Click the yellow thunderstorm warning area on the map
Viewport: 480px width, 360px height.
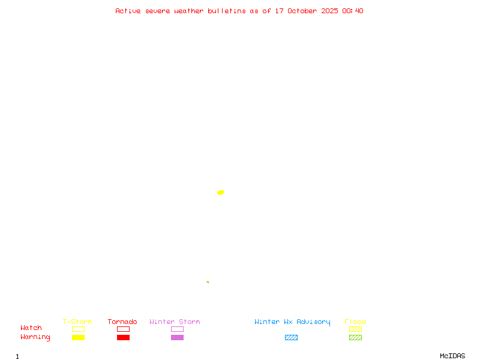(220, 193)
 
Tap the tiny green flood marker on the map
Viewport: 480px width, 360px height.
(208, 282)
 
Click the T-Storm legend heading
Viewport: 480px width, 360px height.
(77, 322)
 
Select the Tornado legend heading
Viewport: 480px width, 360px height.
(122, 322)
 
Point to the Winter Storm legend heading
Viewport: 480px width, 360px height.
(175, 322)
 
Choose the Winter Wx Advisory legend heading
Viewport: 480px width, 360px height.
(292, 322)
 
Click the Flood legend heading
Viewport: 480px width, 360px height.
(355, 322)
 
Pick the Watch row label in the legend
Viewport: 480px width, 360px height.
(31, 328)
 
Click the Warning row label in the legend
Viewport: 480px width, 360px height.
(35, 337)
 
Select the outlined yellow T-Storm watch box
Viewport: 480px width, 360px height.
(78, 329)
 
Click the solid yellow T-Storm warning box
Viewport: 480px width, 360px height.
(78, 337)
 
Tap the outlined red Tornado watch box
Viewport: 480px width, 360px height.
(123, 329)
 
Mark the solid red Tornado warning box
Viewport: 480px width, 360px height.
(123, 337)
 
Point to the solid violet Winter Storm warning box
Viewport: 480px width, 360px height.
(177, 337)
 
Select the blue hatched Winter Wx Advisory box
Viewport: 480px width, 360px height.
(291, 337)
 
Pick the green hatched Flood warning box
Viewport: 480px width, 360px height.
(355, 337)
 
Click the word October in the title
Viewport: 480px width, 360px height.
(302, 11)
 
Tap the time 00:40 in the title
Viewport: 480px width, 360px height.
(353, 11)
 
